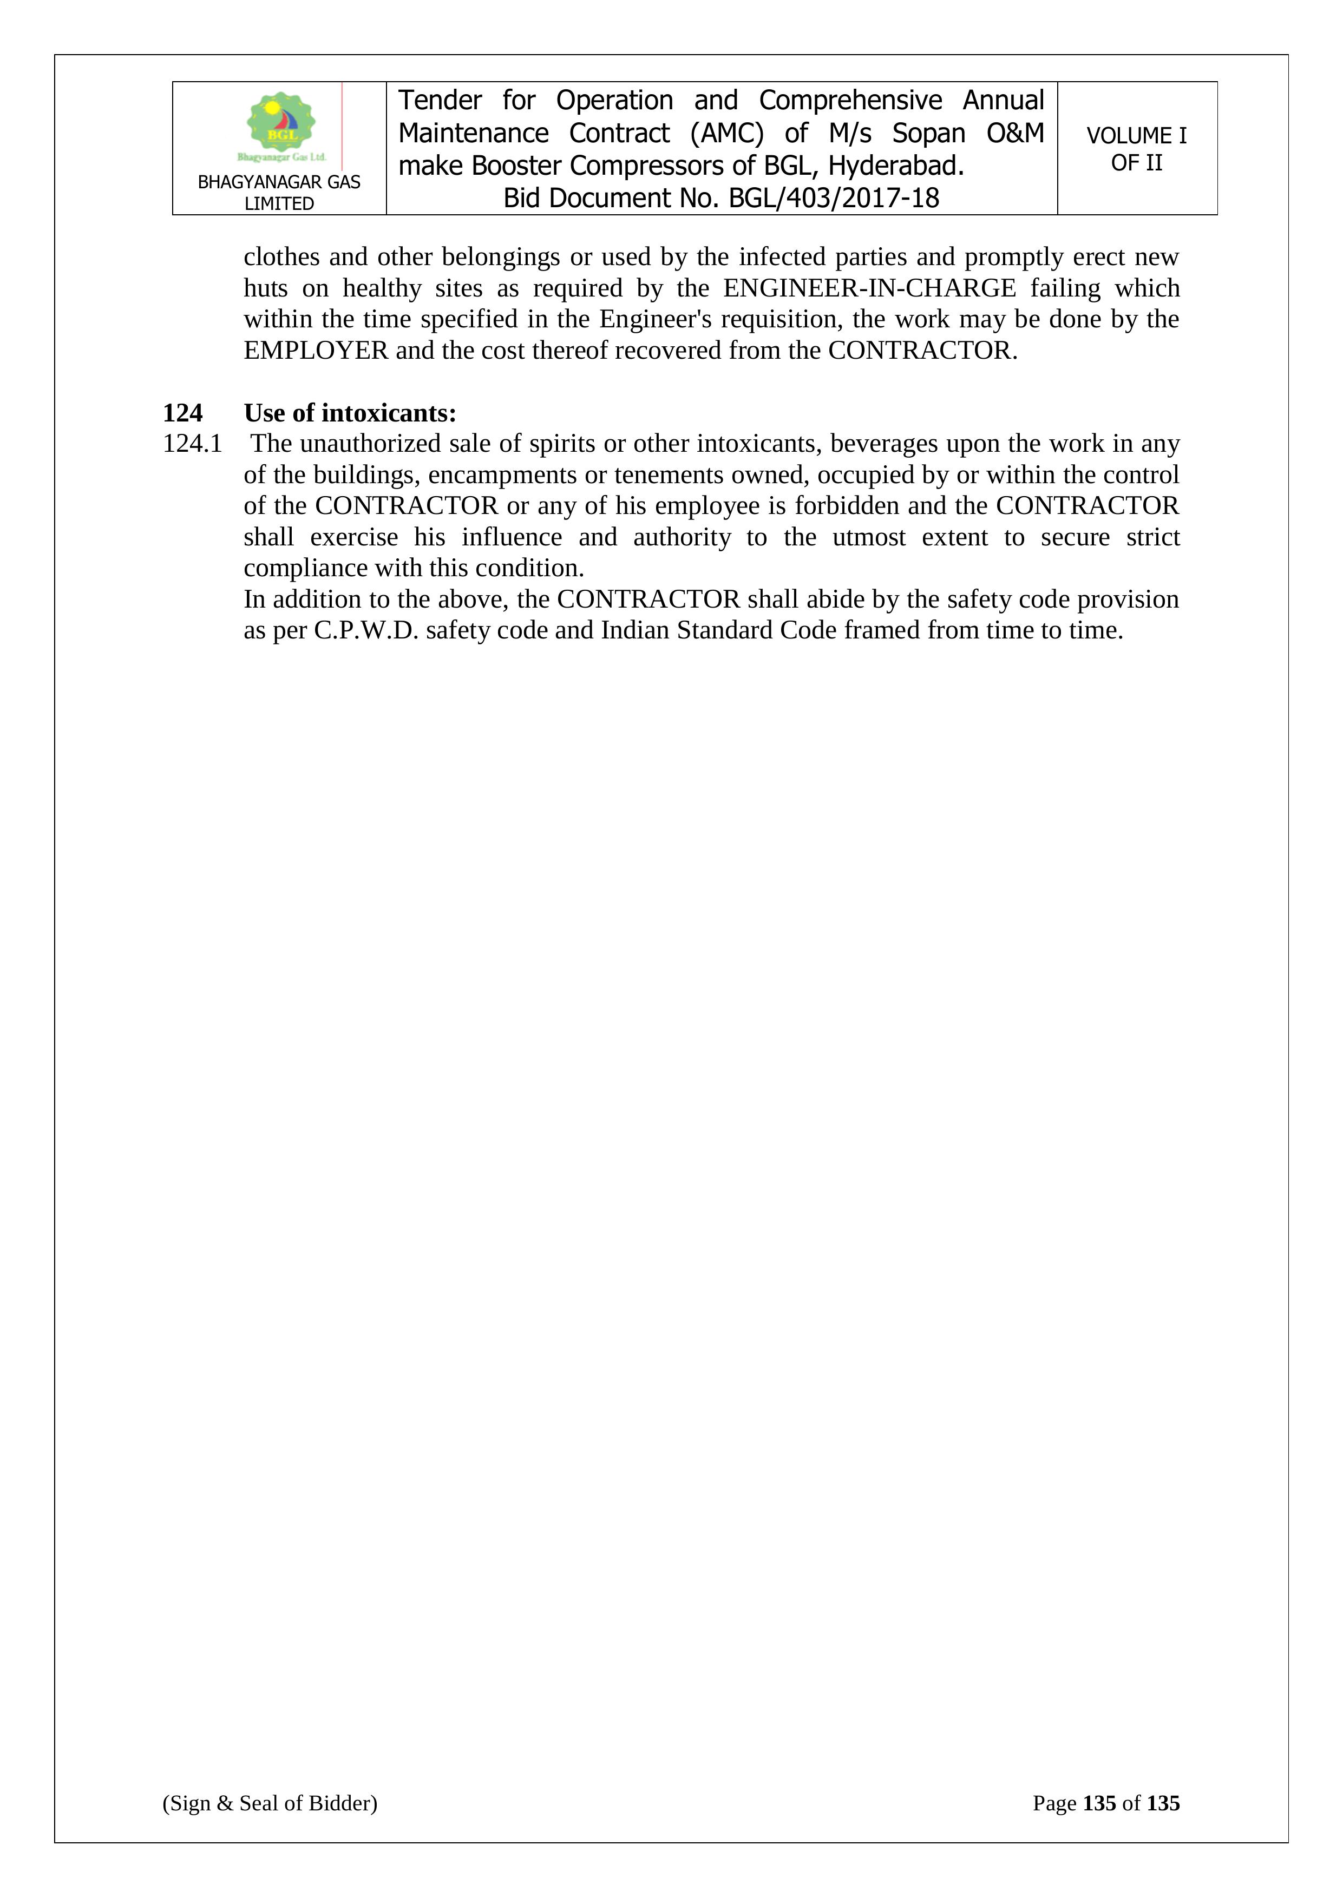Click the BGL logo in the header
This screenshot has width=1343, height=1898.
click(x=281, y=127)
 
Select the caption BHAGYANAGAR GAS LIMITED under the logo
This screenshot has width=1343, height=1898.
click(x=279, y=193)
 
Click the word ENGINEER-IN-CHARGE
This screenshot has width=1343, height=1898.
click(x=869, y=288)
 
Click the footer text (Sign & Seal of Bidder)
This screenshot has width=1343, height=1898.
click(x=270, y=1803)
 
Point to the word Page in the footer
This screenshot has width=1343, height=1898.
click(x=1054, y=1803)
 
